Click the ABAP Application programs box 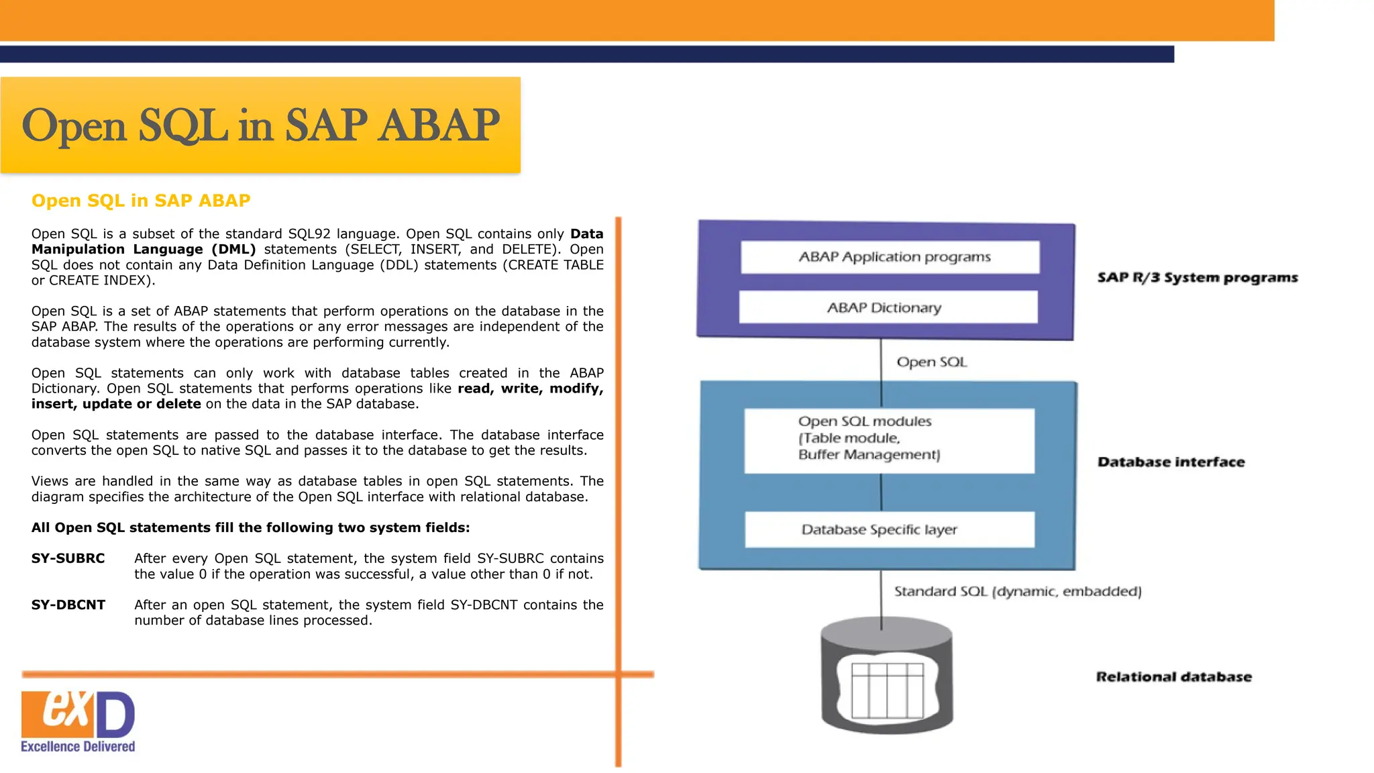click(x=890, y=257)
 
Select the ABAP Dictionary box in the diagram click(x=888, y=307)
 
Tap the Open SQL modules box click(x=888, y=440)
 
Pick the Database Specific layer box click(x=888, y=529)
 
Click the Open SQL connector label click(x=931, y=362)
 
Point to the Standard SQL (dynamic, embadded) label click(x=1017, y=591)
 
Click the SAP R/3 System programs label click(x=1197, y=278)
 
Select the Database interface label click(x=1171, y=462)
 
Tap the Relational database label click(x=1173, y=676)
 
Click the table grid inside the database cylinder click(x=887, y=690)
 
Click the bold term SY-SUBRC click(x=68, y=558)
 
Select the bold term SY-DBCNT click(x=68, y=605)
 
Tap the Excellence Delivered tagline click(x=78, y=746)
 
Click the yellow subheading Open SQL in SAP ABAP click(x=141, y=201)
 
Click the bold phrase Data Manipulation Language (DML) click(x=144, y=249)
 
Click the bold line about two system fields click(x=250, y=527)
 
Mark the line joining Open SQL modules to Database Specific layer click(x=881, y=493)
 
